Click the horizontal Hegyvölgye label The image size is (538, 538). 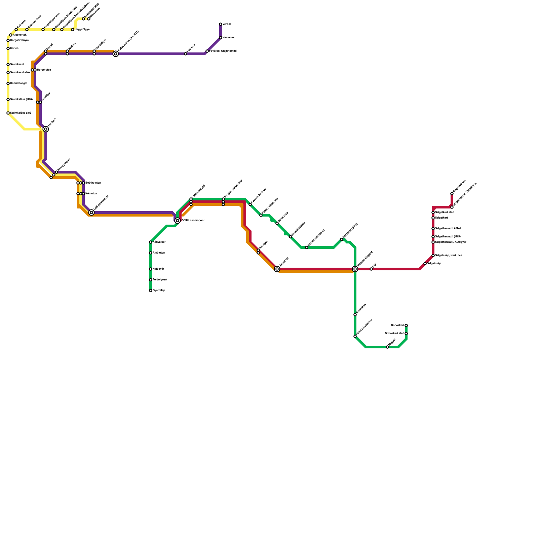pos(82,30)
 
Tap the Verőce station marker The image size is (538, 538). pos(221,24)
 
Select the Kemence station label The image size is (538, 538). pos(228,38)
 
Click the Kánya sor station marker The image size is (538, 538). pos(151,242)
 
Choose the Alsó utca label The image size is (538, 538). pos(159,253)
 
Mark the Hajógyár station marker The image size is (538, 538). pos(151,269)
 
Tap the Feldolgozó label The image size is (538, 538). pos(160,280)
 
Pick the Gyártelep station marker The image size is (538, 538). pos(151,291)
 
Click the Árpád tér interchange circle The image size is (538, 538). pos(277,269)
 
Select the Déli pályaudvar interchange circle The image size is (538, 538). pos(91,213)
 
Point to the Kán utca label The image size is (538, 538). pos(91,194)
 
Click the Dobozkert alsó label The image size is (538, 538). pos(394,334)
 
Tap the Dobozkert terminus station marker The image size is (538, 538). pos(406,325)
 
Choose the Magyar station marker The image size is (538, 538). pos(387,347)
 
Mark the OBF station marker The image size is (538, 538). pos(371,269)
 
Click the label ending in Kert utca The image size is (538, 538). pos(449,256)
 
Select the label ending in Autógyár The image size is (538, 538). pos(451,242)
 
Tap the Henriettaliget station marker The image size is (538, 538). pos(8,83)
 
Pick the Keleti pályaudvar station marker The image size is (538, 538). pos(261,215)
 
